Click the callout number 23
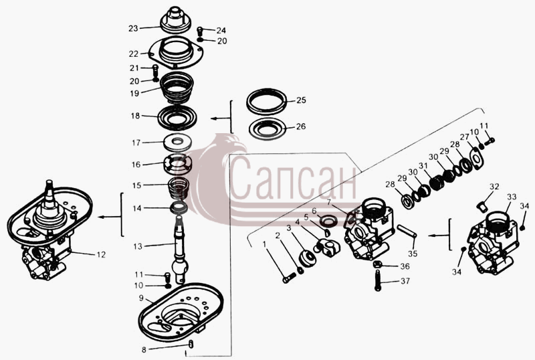click(x=133, y=28)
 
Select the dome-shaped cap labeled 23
click(x=175, y=21)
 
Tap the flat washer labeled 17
click(x=177, y=143)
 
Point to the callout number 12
click(x=101, y=254)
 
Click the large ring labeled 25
click(x=266, y=101)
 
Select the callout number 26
click(x=300, y=126)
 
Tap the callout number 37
click(x=405, y=281)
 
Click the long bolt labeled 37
click(x=377, y=280)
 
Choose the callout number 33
click(x=512, y=197)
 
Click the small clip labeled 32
click(x=480, y=207)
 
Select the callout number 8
click(x=144, y=349)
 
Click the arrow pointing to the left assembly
click(x=109, y=217)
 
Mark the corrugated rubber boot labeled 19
click(x=177, y=88)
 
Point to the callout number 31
click(x=423, y=166)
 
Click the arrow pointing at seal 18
click(x=221, y=118)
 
